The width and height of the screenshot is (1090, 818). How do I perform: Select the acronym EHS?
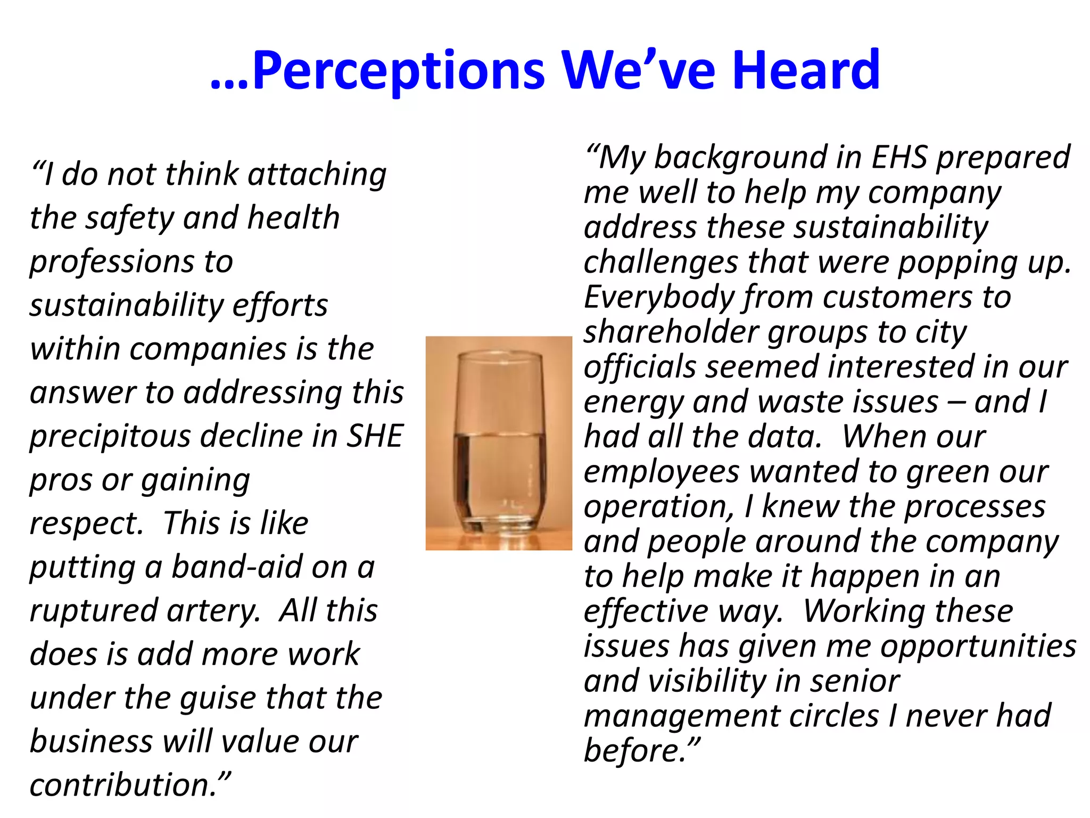(899, 157)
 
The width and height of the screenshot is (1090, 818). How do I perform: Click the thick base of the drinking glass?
(499, 525)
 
